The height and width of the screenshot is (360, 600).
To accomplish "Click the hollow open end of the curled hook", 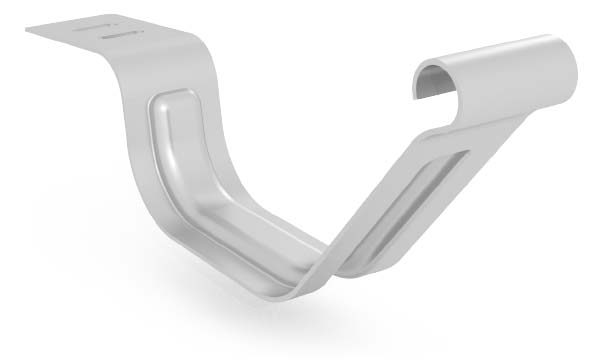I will pos(437,80).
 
